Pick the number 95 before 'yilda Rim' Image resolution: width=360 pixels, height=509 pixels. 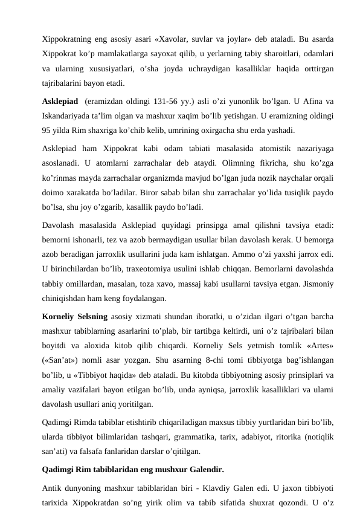[48, 131]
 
